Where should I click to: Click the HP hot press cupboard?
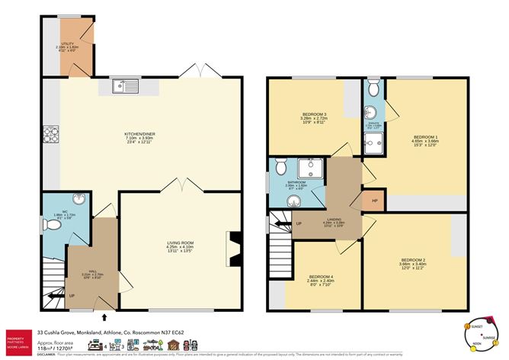pyautogui.click(x=374, y=201)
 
